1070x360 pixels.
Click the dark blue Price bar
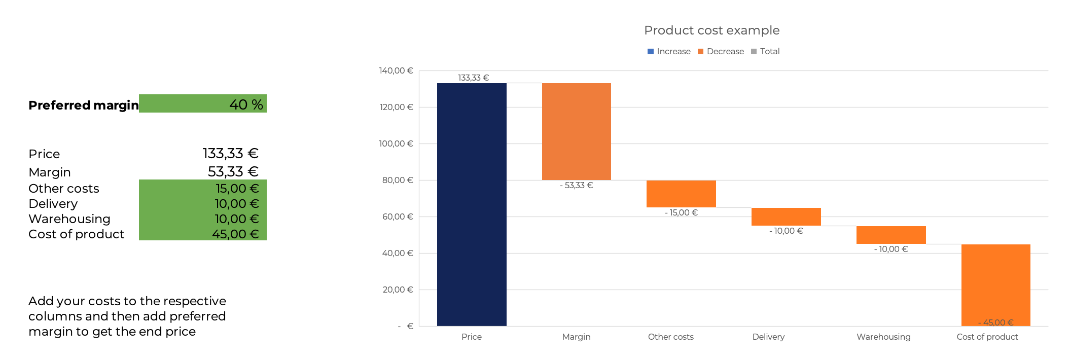click(472, 204)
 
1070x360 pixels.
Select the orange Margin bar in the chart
click(577, 131)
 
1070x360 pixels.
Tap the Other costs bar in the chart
click(681, 194)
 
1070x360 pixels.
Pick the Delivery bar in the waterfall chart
click(786, 217)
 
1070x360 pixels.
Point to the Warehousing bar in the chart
click(891, 235)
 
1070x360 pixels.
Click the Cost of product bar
click(996, 285)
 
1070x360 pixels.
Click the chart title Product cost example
click(712, 30)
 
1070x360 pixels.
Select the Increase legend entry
click(669, 51)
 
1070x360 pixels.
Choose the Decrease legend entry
click(721, 51)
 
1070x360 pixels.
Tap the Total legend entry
click(765, 51)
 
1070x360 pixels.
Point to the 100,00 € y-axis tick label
click(396, 143)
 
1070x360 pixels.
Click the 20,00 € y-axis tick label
click(398, 290)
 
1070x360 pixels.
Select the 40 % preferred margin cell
click(203, 103)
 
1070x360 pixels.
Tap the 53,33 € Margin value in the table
click(233, 171)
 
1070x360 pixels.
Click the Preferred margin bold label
click(84, 105)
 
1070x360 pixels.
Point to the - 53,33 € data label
click(576, 185)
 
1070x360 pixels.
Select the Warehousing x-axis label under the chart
click(883, 337)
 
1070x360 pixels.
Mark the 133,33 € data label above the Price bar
click(473, 78)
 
